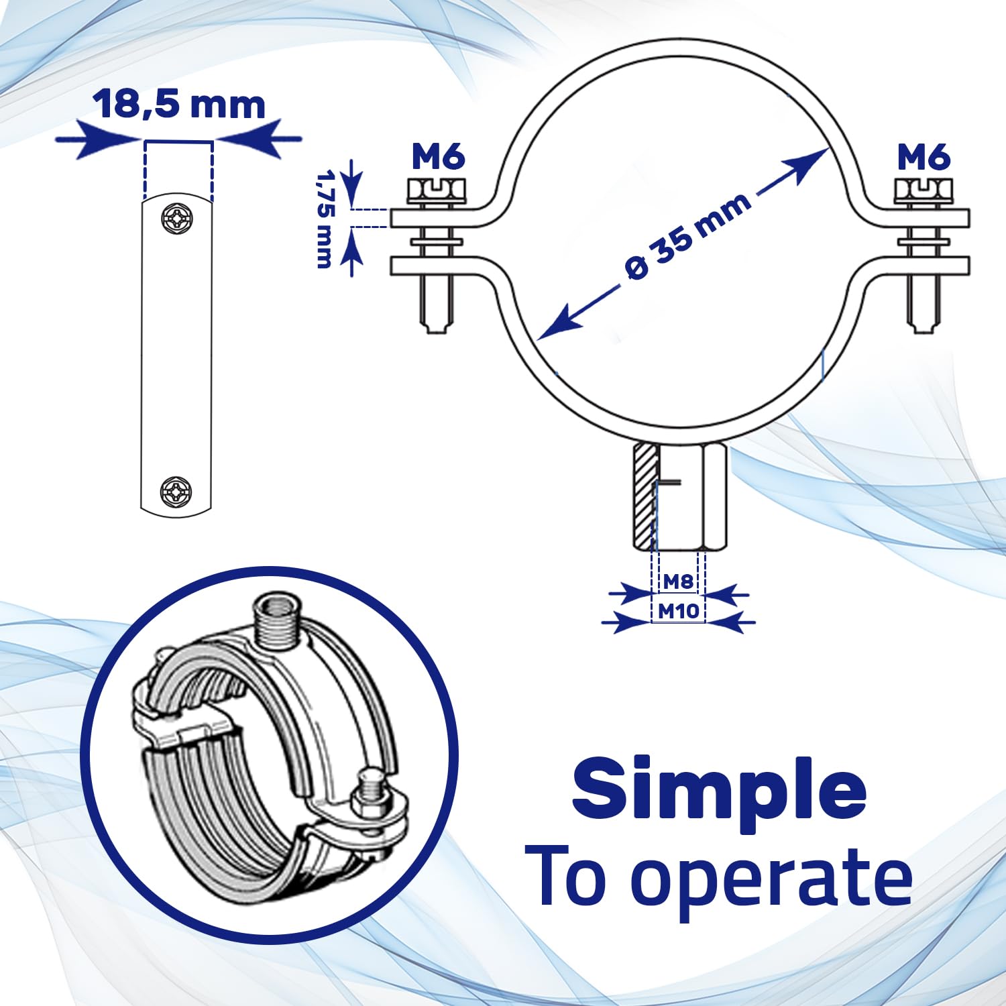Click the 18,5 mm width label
click(179, 105)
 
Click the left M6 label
click(438, 158)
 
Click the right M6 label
click(924, 158)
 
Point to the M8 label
click(677, 581)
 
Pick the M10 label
click(678, 611)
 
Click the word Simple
click(718, 789)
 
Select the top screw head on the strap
click(176, 218)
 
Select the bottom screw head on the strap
click(176, 492)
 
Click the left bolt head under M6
click(436, 190)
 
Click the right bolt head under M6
click(923, 190)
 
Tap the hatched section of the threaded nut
click(642, 496)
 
